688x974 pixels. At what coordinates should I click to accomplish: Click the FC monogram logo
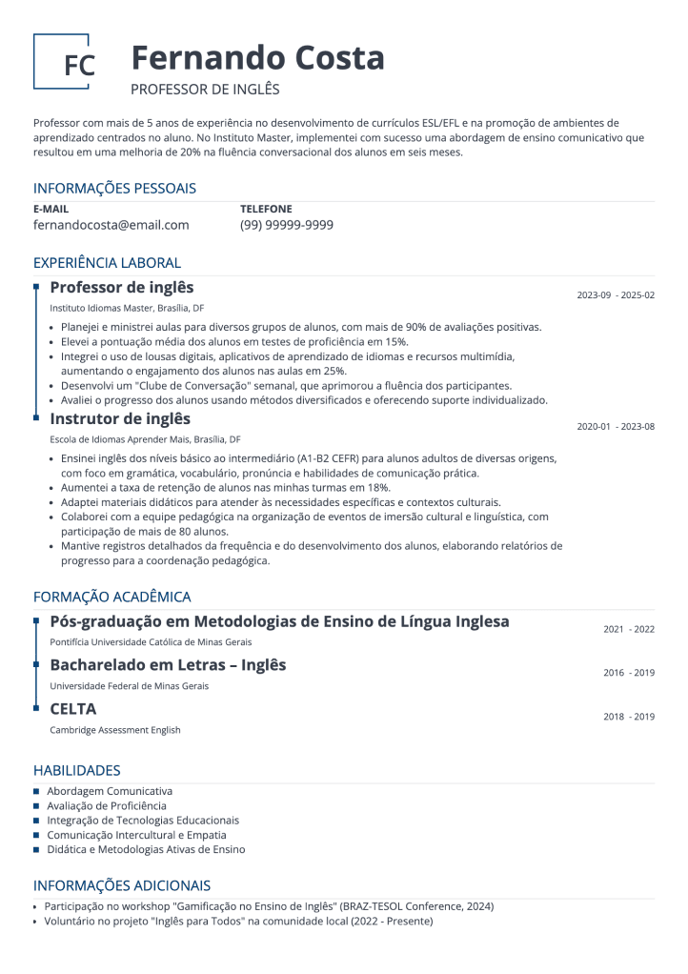(x=62, y=63)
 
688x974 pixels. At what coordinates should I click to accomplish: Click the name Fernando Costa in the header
(x=257, y=58)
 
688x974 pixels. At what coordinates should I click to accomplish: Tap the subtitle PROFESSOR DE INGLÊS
(x=205, y=90)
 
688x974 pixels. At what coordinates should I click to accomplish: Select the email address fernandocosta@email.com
(x=111, y=225)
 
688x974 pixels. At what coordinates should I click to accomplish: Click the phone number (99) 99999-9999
(x=286, y=225)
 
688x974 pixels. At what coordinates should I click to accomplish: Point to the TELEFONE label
(x=266, y=209)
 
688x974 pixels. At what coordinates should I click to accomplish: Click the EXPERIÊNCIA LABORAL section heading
(x=107, y=263)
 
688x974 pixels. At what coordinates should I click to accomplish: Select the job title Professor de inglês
(x=121, y=288)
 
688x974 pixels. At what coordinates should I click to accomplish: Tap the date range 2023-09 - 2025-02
(x=616, y=295)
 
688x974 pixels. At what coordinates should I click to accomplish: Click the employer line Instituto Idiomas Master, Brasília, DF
(x=127, y=309)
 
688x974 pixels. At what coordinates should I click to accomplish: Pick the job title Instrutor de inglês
(x=120, y=419)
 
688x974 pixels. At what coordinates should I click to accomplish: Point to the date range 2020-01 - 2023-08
(x=616, y=427)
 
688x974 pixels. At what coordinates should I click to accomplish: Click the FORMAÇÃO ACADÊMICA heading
(x=111, y=597)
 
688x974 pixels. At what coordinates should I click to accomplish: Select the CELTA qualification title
(x=73, y=709)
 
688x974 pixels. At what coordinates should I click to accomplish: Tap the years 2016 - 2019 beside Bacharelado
(x=629, y=673)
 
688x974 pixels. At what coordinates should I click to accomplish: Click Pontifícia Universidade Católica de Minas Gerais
(x=151, y=642)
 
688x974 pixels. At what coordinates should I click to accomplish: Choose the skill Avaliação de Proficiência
(x=106, y=805)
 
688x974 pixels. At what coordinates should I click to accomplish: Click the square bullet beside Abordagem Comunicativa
(x=37, y=791)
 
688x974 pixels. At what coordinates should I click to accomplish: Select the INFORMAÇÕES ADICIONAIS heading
(x=121, y=885)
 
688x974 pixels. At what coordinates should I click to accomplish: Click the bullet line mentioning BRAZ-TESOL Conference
(x=269, y=906)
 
